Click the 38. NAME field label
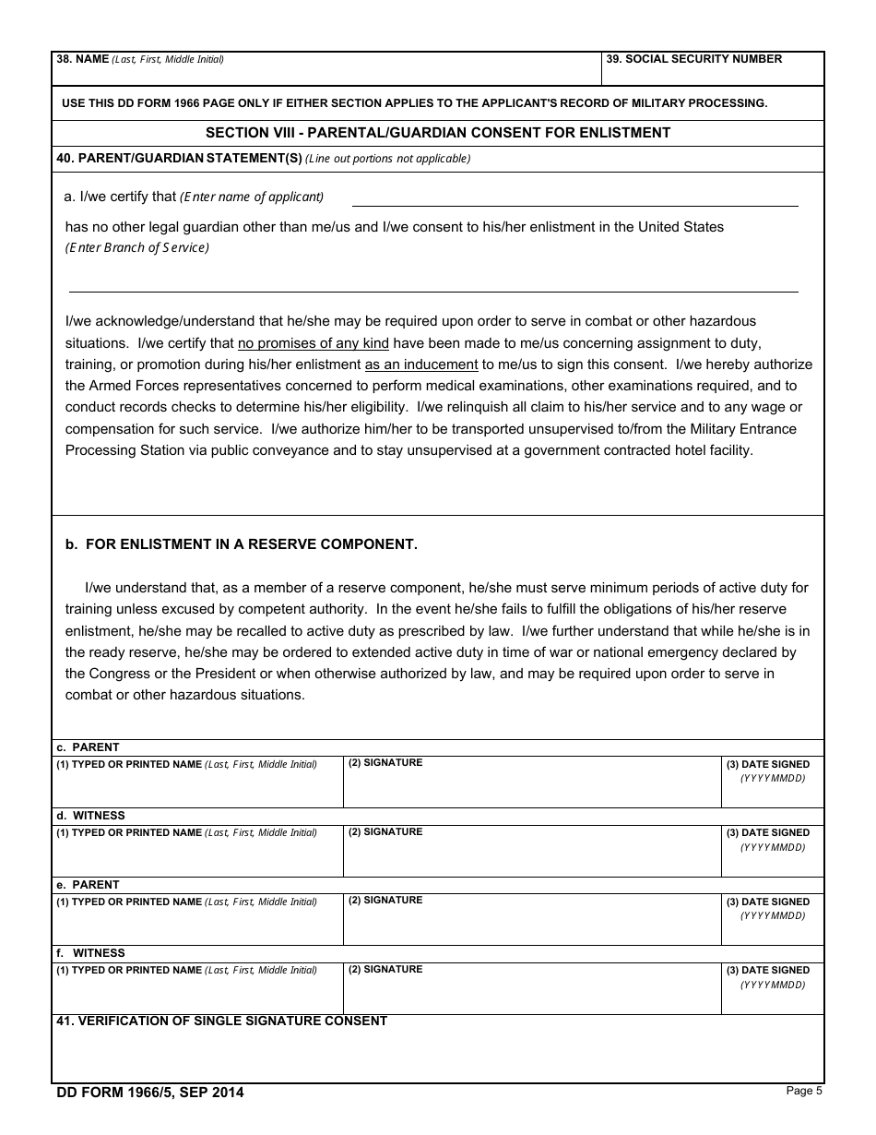[139, 59]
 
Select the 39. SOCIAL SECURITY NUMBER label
[693, 59]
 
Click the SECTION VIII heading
[438, 133]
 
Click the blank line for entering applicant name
[574, 197]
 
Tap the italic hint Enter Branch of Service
[137, 247]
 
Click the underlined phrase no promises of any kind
[314, 343]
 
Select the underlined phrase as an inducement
[421, 364]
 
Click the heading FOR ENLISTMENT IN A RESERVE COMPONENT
[251, 544]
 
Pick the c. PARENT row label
[88, 747]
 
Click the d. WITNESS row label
[90, 816]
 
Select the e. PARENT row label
[88, 885]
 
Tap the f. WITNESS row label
[90, 953]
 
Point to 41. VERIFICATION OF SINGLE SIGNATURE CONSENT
[221, 1021]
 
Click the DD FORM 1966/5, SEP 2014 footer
[150, 1093]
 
